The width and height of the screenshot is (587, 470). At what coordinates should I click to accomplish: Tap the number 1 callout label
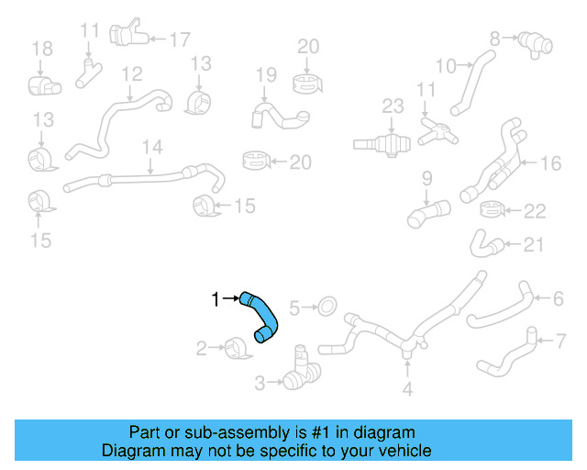(216, 298)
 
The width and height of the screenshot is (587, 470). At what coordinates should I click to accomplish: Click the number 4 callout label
(408, 388)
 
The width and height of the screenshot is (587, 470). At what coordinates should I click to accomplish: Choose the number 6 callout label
(558, 298)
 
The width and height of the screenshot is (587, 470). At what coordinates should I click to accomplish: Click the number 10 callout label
(445, 65)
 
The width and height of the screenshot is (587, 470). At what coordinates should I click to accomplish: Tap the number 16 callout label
(549, 163)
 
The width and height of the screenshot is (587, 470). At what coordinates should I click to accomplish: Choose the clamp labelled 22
(494, 212)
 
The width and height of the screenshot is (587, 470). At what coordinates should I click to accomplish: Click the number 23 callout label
(393, 106)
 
